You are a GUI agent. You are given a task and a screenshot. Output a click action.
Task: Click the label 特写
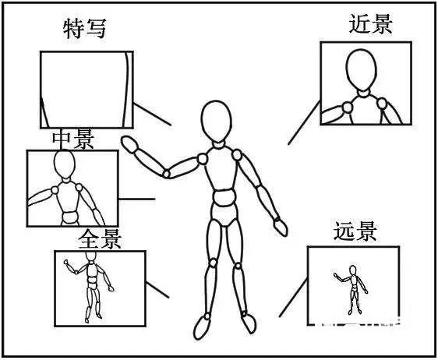[x=85, y=29]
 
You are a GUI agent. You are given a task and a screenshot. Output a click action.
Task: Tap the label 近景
[x=371, y=24]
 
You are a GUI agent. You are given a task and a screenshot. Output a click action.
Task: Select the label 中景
[x=73, y=140]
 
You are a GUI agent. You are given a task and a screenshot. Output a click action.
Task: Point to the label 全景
[x=100, y=239]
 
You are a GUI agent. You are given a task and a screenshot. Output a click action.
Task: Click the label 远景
[x=355, y=231]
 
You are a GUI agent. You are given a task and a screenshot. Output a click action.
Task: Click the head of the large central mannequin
[x=217, y=121]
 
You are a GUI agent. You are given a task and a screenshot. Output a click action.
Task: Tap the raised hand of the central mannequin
[x=130, y=145]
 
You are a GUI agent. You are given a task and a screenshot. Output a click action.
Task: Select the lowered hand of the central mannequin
[x=281, y=227]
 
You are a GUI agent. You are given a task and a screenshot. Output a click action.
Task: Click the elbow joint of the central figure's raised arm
[x=167, y=174]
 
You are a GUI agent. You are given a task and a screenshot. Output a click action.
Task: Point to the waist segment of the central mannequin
[x=224, y=198]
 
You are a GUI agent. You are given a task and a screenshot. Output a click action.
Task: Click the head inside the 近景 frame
[x=361, y=69]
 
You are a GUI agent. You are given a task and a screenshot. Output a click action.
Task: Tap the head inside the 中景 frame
[x=65, y=164]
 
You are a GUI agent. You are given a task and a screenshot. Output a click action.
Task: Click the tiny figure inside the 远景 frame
[x=351, y=290]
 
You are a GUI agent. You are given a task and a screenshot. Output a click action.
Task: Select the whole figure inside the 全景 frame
[x=90, y=286]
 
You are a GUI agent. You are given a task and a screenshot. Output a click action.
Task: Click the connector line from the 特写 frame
[x=152, y=115]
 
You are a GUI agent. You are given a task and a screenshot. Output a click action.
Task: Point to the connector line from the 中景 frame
[x=136, y=199]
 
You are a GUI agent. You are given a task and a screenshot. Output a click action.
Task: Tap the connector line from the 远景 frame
[x=293, y=298]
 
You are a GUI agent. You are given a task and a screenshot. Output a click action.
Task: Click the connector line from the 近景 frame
[x=304, y=123]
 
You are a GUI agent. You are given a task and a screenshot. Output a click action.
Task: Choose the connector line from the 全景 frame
[x=157, y=290]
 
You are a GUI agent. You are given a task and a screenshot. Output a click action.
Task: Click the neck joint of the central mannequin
[x=218, y=145]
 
